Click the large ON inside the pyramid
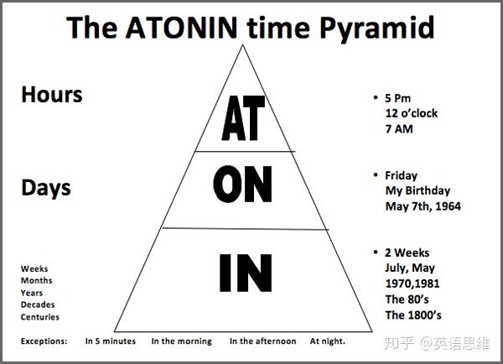243,185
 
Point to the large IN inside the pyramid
245,270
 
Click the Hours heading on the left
52,94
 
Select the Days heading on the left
45,188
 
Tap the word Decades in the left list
38,304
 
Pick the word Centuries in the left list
40,317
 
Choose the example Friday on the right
401,176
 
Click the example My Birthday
417,191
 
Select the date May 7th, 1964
423,206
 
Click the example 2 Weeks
407,252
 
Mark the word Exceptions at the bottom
44,341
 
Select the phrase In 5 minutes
111,341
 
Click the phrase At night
327,341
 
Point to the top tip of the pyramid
244,44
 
